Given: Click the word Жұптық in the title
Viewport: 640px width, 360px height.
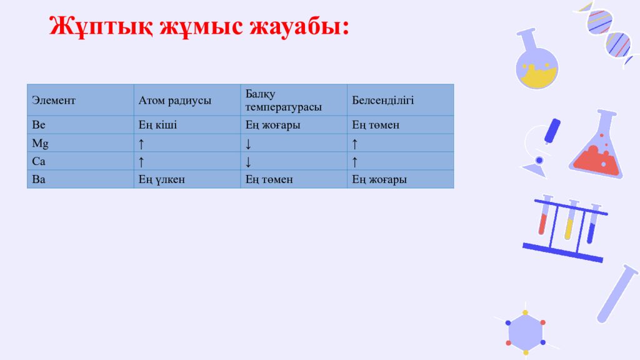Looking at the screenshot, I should click(99, 28).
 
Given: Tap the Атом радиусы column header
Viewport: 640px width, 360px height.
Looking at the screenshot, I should click(174, 100).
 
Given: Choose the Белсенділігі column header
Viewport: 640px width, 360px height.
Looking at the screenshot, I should click(382, 100).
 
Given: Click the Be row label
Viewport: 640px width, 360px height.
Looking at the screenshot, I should click(39, 125).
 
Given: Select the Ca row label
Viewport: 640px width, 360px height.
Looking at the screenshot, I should click(39, 161).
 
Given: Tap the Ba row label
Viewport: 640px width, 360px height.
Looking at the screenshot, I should click(39, 179).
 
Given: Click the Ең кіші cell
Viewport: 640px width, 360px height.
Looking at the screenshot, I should click(157, 125).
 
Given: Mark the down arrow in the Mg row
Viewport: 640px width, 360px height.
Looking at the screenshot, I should click(248, 144).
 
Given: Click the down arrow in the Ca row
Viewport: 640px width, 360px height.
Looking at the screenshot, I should click(248, 162).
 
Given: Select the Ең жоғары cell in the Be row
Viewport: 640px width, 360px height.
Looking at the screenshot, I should click(272, 125).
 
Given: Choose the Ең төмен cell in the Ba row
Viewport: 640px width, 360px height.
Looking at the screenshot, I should click(269, 179).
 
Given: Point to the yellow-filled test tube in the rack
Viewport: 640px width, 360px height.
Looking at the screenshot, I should click(569, 223).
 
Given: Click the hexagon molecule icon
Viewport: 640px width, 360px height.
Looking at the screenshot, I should click(525, 331).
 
